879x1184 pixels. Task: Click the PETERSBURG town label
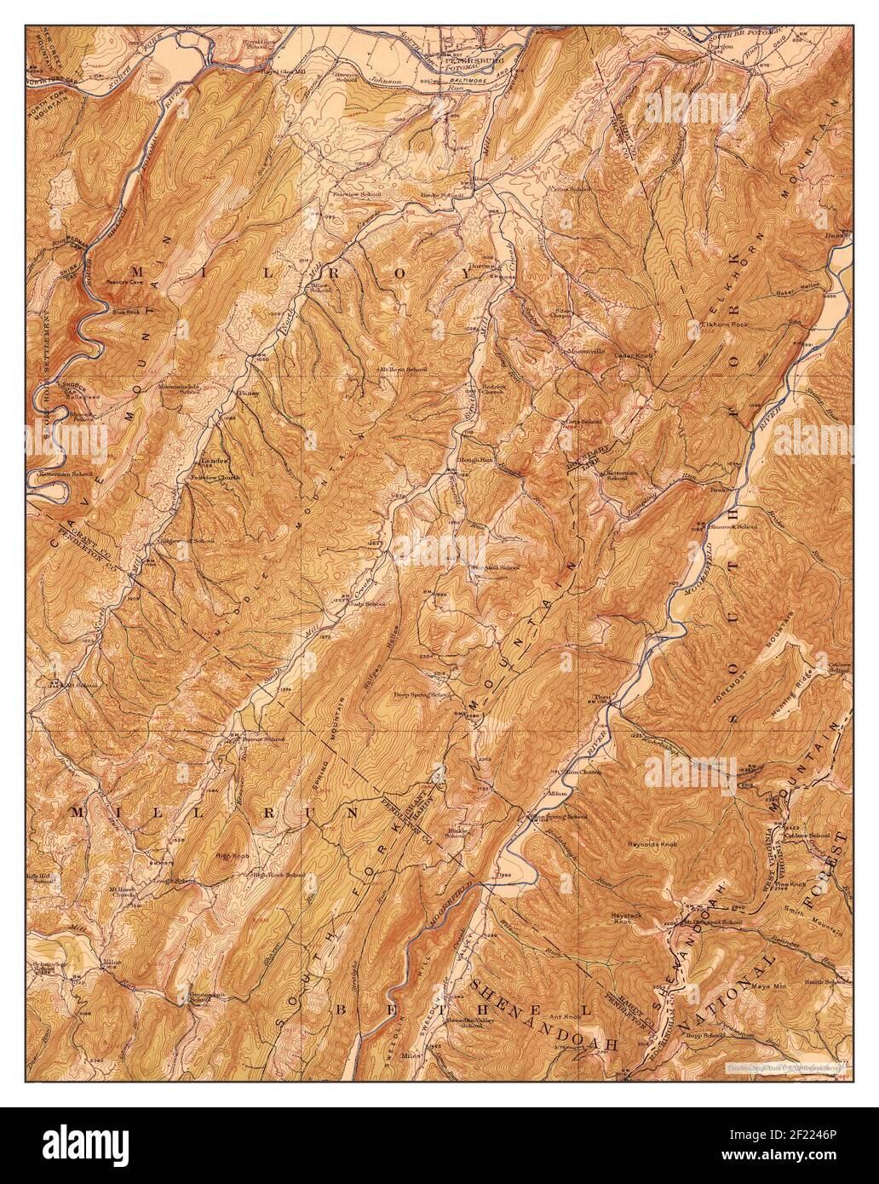(474, 61)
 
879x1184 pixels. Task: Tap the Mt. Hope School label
(403, 370)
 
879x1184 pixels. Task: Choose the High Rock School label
(278, 875)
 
